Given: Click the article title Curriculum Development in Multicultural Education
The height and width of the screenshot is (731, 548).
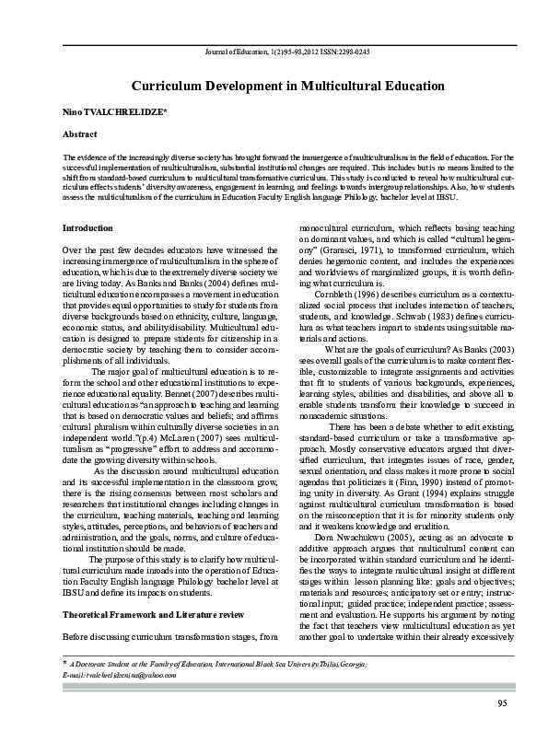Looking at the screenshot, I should tap(274, 86).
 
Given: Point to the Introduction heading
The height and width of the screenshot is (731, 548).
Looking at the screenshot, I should tap(87, 227).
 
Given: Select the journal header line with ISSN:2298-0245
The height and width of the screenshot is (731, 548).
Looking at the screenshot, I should tap(274, 52).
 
